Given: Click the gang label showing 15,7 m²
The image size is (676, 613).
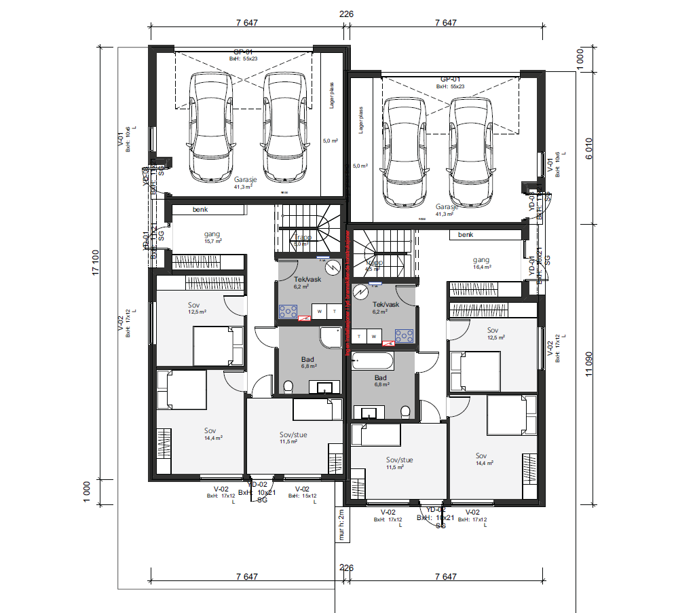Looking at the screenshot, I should pos(212,237).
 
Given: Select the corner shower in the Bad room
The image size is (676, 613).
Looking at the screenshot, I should pos(332,337).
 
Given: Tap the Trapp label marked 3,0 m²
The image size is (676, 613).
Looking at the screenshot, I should pos(301,240).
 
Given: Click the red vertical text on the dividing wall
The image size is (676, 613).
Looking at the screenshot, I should pos(348,292).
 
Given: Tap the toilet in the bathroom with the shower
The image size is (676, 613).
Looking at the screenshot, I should pos(288,386).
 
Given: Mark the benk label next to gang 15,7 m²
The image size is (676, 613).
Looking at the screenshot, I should pos(200,210).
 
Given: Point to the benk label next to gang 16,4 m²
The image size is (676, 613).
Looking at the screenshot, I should pos(465,235).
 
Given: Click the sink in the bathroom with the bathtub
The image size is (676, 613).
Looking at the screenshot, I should pos(370,412).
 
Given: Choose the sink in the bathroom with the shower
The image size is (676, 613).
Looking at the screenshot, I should pos(324,388).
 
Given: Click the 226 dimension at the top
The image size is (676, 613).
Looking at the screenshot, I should pos(346,14).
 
